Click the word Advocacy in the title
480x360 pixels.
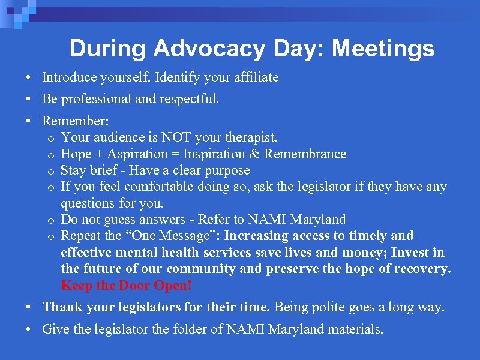(x=199, y=49)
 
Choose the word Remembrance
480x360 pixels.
(x=305, y=154)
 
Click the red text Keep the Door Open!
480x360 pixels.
(x=126, y=285)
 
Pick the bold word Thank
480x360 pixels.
(x=62, y=307)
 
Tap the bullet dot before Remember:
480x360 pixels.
(x=28, y=121)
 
